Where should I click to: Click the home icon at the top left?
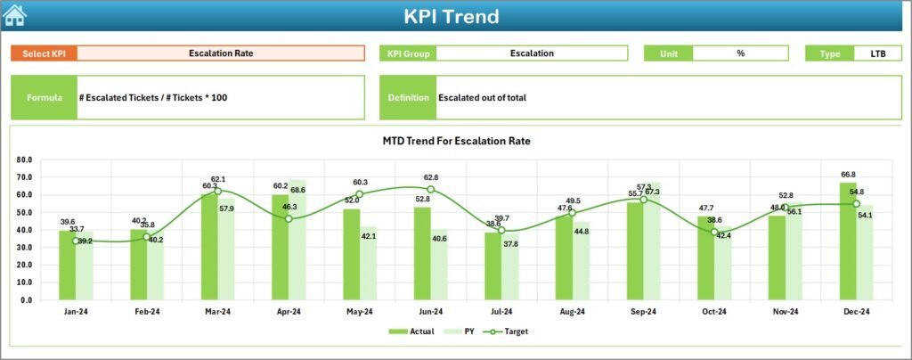(x=15, y=15)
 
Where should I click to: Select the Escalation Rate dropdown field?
(x=221, y=53)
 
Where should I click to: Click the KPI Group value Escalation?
(x=532, y=53)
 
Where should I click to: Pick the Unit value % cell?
(x=740, y=53)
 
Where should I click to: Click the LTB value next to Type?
(x=877, y=53)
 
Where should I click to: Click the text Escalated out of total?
(x=482, y=97)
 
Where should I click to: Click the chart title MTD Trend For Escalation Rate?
(x=456, y=141)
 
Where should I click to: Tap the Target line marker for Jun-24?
(x=431, y=189)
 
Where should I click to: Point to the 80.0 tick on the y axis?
(x=24, y=160)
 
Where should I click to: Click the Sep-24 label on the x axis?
(x=644, y=311)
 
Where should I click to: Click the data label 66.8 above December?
(x=848, y=175)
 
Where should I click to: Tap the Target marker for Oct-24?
(x=714, y=232)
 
